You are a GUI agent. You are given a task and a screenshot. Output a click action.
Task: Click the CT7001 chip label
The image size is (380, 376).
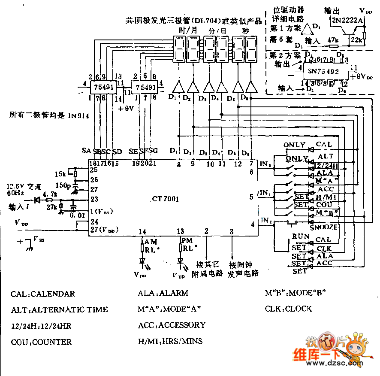tap(165, 199)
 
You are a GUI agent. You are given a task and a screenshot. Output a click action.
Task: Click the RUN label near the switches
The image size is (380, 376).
tap(299, 237)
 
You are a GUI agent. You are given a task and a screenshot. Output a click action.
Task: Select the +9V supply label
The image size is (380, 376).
tap(127, 108)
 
